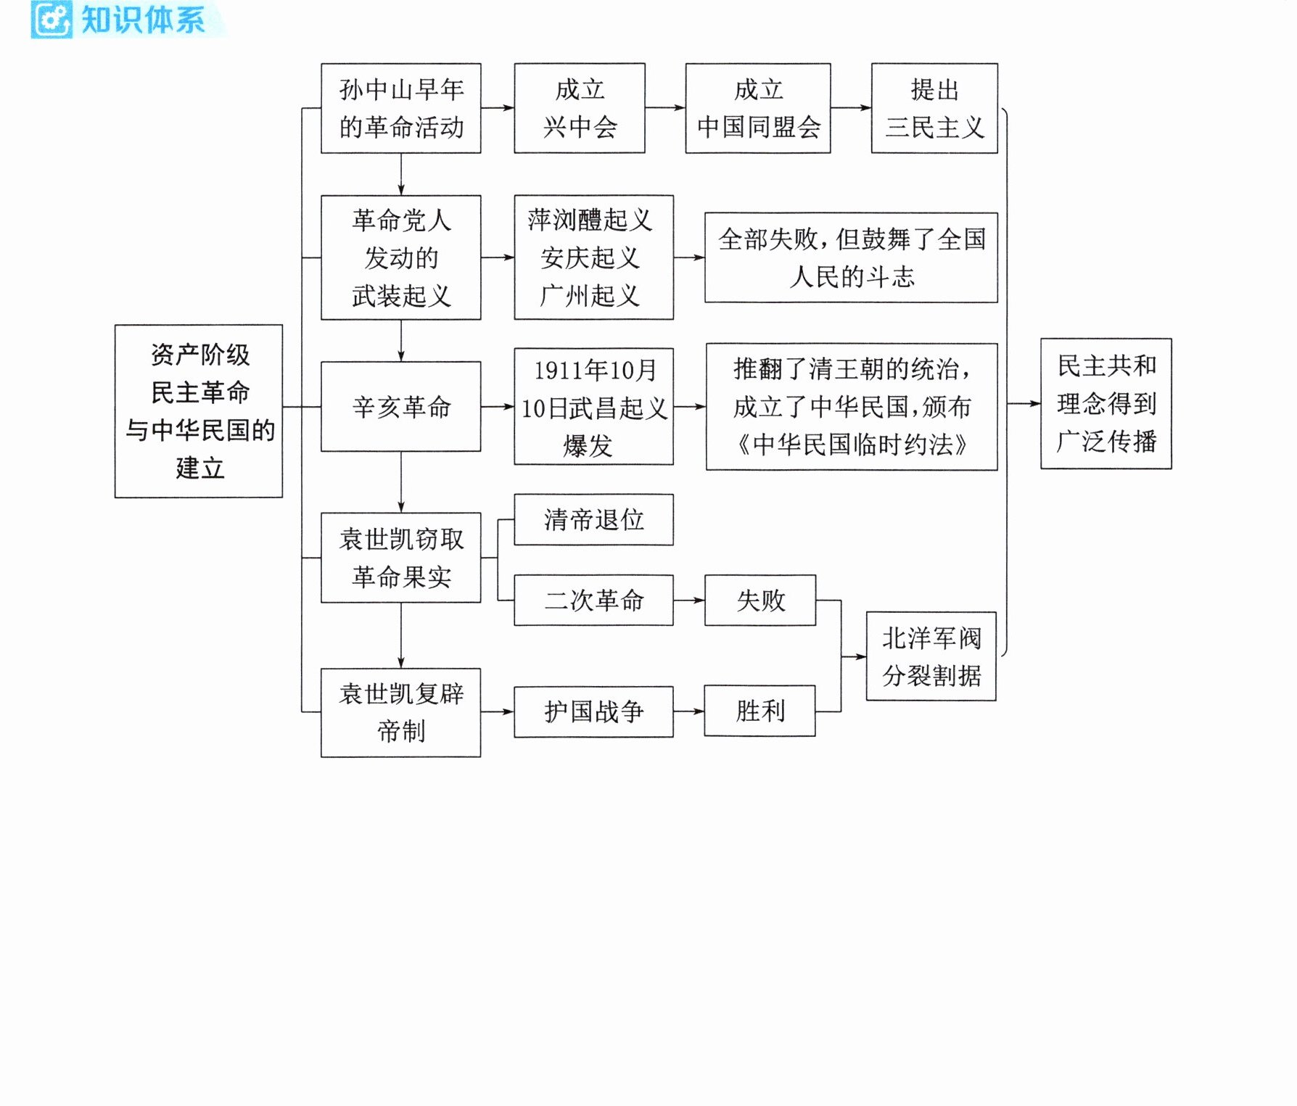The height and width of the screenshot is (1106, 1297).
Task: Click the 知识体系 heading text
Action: click(x=143, y=20)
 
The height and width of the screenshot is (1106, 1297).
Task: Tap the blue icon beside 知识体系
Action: click(x=52, y=20)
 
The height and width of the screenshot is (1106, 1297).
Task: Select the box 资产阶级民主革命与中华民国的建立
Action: click(x=199, y=411)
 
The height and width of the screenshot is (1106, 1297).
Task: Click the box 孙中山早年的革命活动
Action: click(x=401, y=108)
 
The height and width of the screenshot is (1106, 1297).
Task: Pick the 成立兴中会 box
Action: click(x=580, y=108)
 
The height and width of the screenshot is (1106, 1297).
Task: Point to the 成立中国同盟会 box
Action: click(x=758, y=108)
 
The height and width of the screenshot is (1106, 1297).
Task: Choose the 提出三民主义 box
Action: click(x=934, y=108)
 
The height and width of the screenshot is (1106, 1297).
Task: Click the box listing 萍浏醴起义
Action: click(x=594, y=257)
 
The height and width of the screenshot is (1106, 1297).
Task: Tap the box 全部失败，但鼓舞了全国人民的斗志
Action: click(x=851, y=257)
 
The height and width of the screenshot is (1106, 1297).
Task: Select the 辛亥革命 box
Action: click(x=401, y=407)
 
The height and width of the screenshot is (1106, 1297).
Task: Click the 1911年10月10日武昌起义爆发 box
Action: click(x=594, y=407)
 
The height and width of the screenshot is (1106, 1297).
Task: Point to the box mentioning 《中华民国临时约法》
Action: click(x=852, y=407)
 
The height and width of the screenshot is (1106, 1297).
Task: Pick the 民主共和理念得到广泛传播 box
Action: click(x=1106, y=403)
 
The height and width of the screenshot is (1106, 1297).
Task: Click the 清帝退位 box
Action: click(x=594, y=520)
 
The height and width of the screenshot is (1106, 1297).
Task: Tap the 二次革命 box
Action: click(x=594, y=601)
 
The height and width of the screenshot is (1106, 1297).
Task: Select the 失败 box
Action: click(x=760, y=601)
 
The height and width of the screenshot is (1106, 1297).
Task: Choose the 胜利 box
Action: click(x=760, y=711)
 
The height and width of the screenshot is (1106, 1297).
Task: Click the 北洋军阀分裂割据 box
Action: click(x=931, y=656)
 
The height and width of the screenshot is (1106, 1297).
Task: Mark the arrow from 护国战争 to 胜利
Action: click(x=689, y=711)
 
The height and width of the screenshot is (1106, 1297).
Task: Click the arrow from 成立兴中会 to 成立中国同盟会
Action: click(x=665, y=108)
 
